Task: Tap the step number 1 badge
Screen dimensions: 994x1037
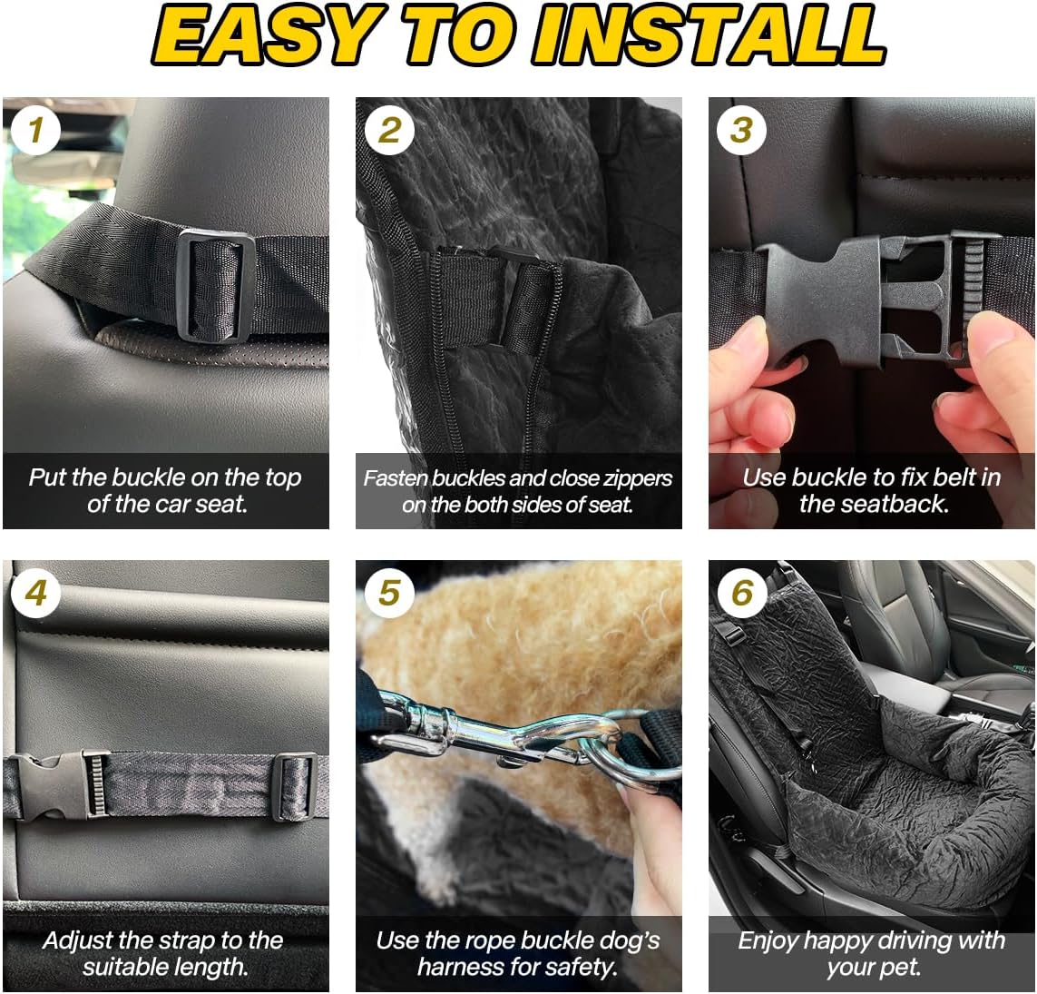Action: click(x=35, y=132)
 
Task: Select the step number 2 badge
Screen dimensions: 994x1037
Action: click(x=388, y=132)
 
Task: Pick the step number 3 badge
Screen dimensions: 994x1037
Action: click(x=741, y=132)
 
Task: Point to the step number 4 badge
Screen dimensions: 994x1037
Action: click(x=35, y=594)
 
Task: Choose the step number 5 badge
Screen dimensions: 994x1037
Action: click(x=388, y=594)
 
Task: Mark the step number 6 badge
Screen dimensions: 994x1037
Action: click(x=741, y=594)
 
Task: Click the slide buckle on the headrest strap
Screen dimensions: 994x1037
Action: click(x=216, y=285)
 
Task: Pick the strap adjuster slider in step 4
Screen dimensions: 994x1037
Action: click(x=297, y=785)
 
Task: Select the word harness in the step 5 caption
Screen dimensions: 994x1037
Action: click(x=472, y=968)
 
